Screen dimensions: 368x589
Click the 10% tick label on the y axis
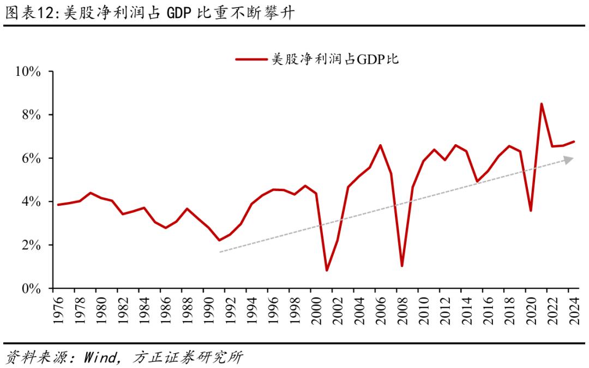28,72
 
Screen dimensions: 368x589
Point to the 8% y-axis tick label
31,115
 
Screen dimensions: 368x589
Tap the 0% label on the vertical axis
31,288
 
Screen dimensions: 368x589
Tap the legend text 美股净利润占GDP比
335,59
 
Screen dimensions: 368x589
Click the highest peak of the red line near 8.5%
541,104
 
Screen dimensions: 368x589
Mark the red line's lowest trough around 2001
327,270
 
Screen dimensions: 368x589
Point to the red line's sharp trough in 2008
402,266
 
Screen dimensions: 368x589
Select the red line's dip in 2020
531,210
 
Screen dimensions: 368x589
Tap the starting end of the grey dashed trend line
220,252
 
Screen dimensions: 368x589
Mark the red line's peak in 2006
380,145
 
